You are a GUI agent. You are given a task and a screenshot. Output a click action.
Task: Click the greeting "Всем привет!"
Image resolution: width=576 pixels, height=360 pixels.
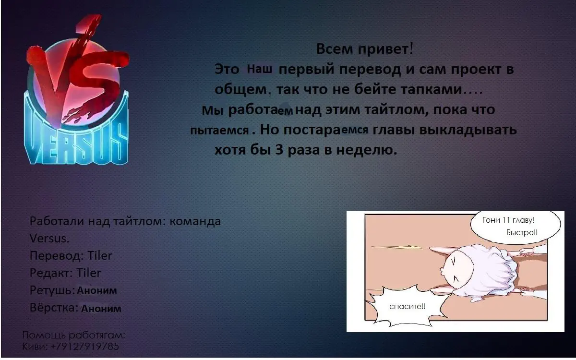coord(365,49)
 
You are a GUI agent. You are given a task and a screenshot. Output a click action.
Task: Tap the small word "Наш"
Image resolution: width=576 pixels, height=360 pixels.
coord(259,69)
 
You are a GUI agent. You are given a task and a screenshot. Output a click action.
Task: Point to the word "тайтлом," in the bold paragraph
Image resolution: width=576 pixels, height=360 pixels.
coord(396,110)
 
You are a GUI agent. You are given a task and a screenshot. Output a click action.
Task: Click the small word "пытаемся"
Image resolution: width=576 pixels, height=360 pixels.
coord(220,131)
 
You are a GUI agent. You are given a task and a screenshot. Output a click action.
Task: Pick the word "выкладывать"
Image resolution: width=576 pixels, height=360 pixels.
coord(468,129)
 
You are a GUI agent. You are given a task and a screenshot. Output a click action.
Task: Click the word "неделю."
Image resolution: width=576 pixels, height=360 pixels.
coord(367,150)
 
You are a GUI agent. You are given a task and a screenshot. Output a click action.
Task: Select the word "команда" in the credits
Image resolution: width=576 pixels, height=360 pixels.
coord(195,221)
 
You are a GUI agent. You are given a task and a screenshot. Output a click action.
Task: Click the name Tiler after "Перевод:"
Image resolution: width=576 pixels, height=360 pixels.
coord(100,255)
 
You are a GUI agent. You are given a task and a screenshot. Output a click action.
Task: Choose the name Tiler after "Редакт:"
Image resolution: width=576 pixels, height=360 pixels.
coord(89,273)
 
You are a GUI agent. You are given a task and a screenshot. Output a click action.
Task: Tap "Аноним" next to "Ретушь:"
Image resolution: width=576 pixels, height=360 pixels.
coord(97,290)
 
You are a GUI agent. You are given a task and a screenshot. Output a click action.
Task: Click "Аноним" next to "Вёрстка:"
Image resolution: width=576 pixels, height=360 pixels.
coord(101,308)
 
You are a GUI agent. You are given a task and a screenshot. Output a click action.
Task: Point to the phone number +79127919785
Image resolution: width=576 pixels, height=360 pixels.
coord(85,347)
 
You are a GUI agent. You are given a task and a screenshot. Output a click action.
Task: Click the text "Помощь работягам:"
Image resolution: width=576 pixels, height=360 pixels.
coord(74,335)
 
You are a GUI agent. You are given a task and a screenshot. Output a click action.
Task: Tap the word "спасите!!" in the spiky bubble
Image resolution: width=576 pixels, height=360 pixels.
coord(408,307)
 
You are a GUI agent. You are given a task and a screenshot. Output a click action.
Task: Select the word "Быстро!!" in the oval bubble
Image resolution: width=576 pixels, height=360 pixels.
coord(522,233)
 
